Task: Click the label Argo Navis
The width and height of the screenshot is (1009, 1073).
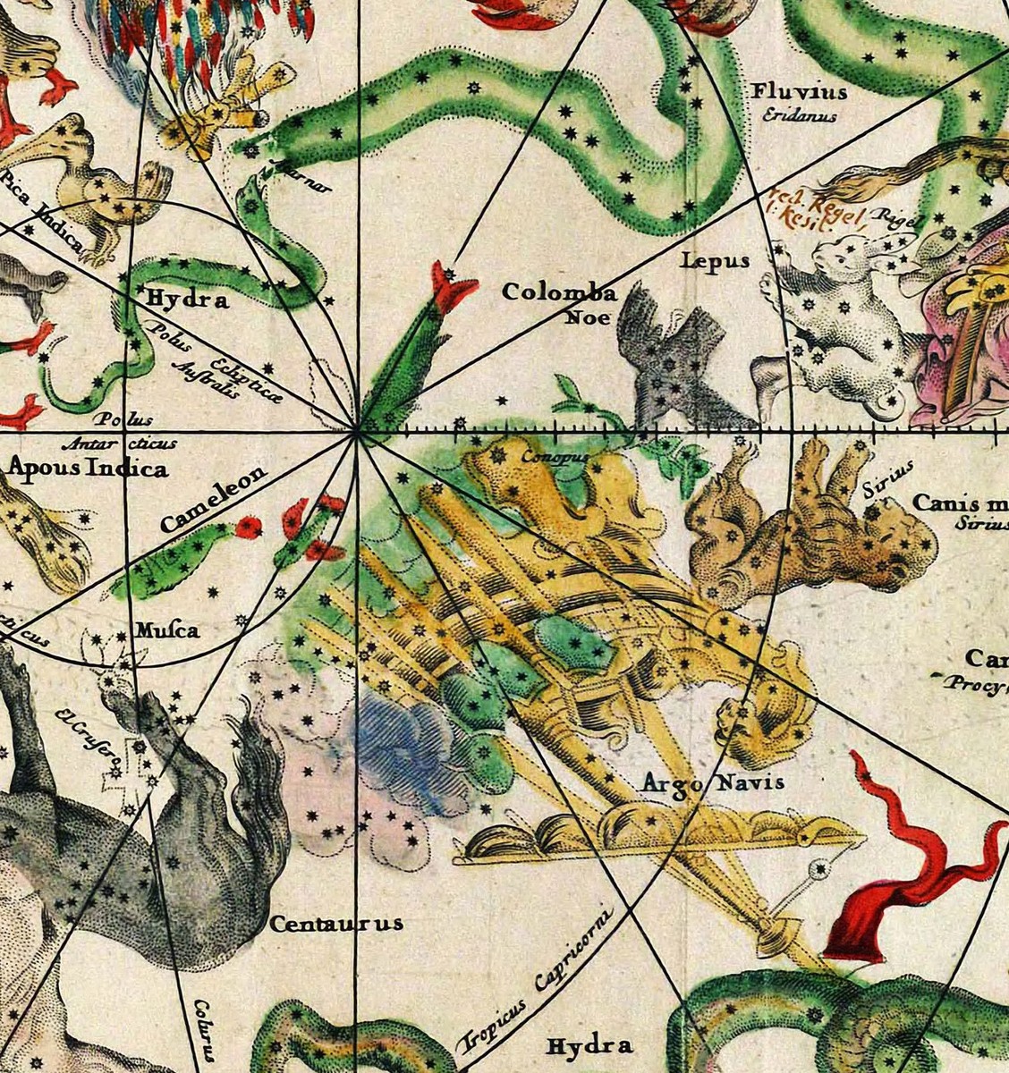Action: coord(713,783)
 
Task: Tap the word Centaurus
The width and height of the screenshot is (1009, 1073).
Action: coord(336,924)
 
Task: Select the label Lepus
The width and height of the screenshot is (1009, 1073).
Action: coord(714,261)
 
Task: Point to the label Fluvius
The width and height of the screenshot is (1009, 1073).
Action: coord(799,92)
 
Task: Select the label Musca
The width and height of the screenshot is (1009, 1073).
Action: coord(166,631)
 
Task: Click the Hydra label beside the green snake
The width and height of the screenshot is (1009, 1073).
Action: coord(189,300)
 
